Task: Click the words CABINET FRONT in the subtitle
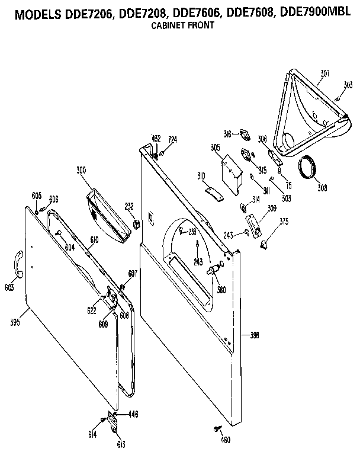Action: point(181,25)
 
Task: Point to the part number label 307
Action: point(325,74)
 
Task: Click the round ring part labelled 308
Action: point(307,168)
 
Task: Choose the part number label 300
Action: point(81,170)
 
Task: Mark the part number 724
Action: point(172,139)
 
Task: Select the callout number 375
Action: point(284,222)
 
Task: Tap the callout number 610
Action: point(94,239)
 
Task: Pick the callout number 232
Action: point(129,206)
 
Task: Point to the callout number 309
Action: point(272,209)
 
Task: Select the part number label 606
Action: point(53,198)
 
